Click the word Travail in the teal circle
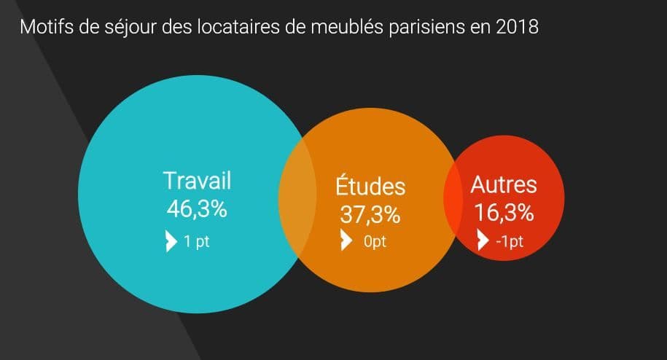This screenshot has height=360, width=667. click(197, 181)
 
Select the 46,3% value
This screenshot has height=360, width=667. click(197, 208)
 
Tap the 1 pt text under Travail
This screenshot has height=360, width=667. click(197, 241)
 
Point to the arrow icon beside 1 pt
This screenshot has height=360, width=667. click(171, 241)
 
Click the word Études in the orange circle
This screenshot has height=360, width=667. click(370, 186)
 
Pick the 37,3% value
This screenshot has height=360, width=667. click(370, 214)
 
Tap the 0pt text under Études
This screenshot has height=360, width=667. click(375, 241)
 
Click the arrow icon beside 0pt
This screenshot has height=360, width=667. click(347, 240)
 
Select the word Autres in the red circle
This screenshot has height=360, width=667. click(504, 184)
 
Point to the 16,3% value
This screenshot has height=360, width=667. click(504, 212)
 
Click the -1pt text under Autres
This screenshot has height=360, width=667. click(510, 241)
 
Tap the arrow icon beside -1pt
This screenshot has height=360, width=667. click(483, 240)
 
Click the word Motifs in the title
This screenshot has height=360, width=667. click(45, 27)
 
